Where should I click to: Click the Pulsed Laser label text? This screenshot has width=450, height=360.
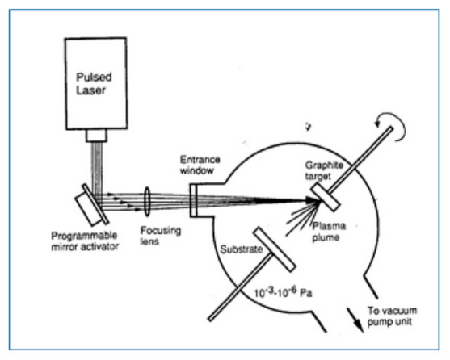[94, 84]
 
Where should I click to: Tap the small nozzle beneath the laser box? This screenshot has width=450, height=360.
[96, 136]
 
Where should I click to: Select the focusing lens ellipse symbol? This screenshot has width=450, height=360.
[147, 202]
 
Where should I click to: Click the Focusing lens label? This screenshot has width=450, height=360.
[161, 236]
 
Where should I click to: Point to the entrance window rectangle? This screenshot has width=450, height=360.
[193, 200]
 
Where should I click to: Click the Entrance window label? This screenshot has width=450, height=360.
[200, 165]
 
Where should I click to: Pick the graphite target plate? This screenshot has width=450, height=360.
[325, 198]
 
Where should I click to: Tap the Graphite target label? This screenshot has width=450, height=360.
[324, 170]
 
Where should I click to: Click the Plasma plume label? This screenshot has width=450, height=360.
[329, 232]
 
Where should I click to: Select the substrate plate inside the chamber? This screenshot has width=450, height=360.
[275, 249]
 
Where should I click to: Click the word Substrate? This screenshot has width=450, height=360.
[241, 249]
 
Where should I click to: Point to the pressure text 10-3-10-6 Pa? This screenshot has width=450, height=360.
[283, 293]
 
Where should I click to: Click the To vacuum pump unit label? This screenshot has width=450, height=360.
[392, 316]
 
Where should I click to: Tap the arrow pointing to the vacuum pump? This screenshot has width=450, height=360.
[355, 320]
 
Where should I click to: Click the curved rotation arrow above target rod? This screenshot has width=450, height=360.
[393, 126]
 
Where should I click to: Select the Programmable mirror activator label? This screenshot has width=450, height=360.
[85, 241]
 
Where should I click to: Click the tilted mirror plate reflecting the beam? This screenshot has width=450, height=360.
[95, 204]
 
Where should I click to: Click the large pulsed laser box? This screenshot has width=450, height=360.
[96, 83]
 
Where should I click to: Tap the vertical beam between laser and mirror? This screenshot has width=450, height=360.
[97, 168]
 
